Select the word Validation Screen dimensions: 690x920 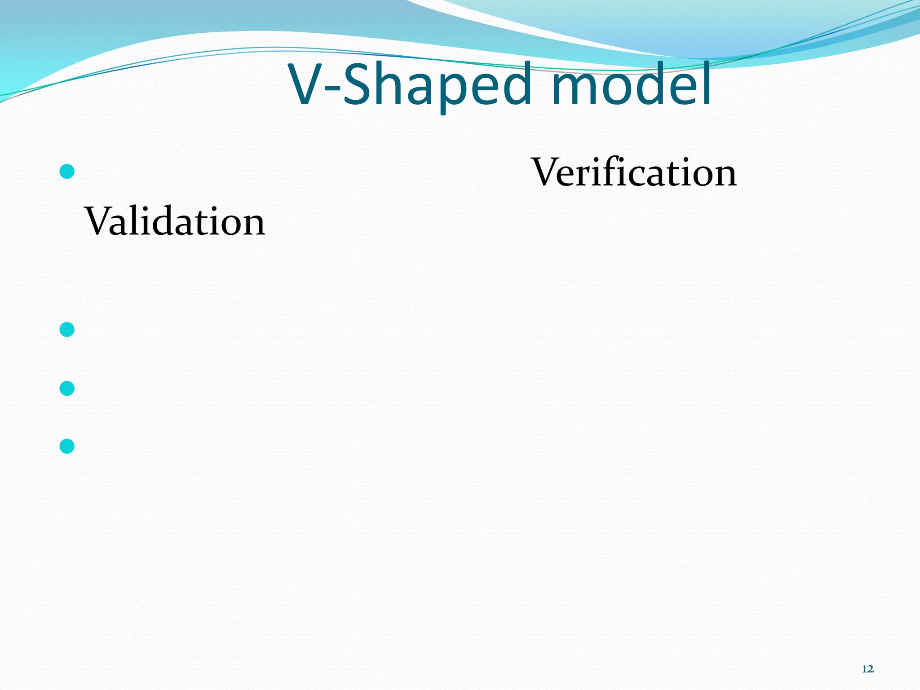tap(175, 221)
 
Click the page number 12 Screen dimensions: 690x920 tap(867, 669)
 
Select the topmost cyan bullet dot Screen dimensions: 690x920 tap(67, 171)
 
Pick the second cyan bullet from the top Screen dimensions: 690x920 tap(67, 330)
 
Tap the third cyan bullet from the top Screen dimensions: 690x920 tap(67, 388)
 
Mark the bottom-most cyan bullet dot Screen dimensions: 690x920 tap(67, 446)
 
